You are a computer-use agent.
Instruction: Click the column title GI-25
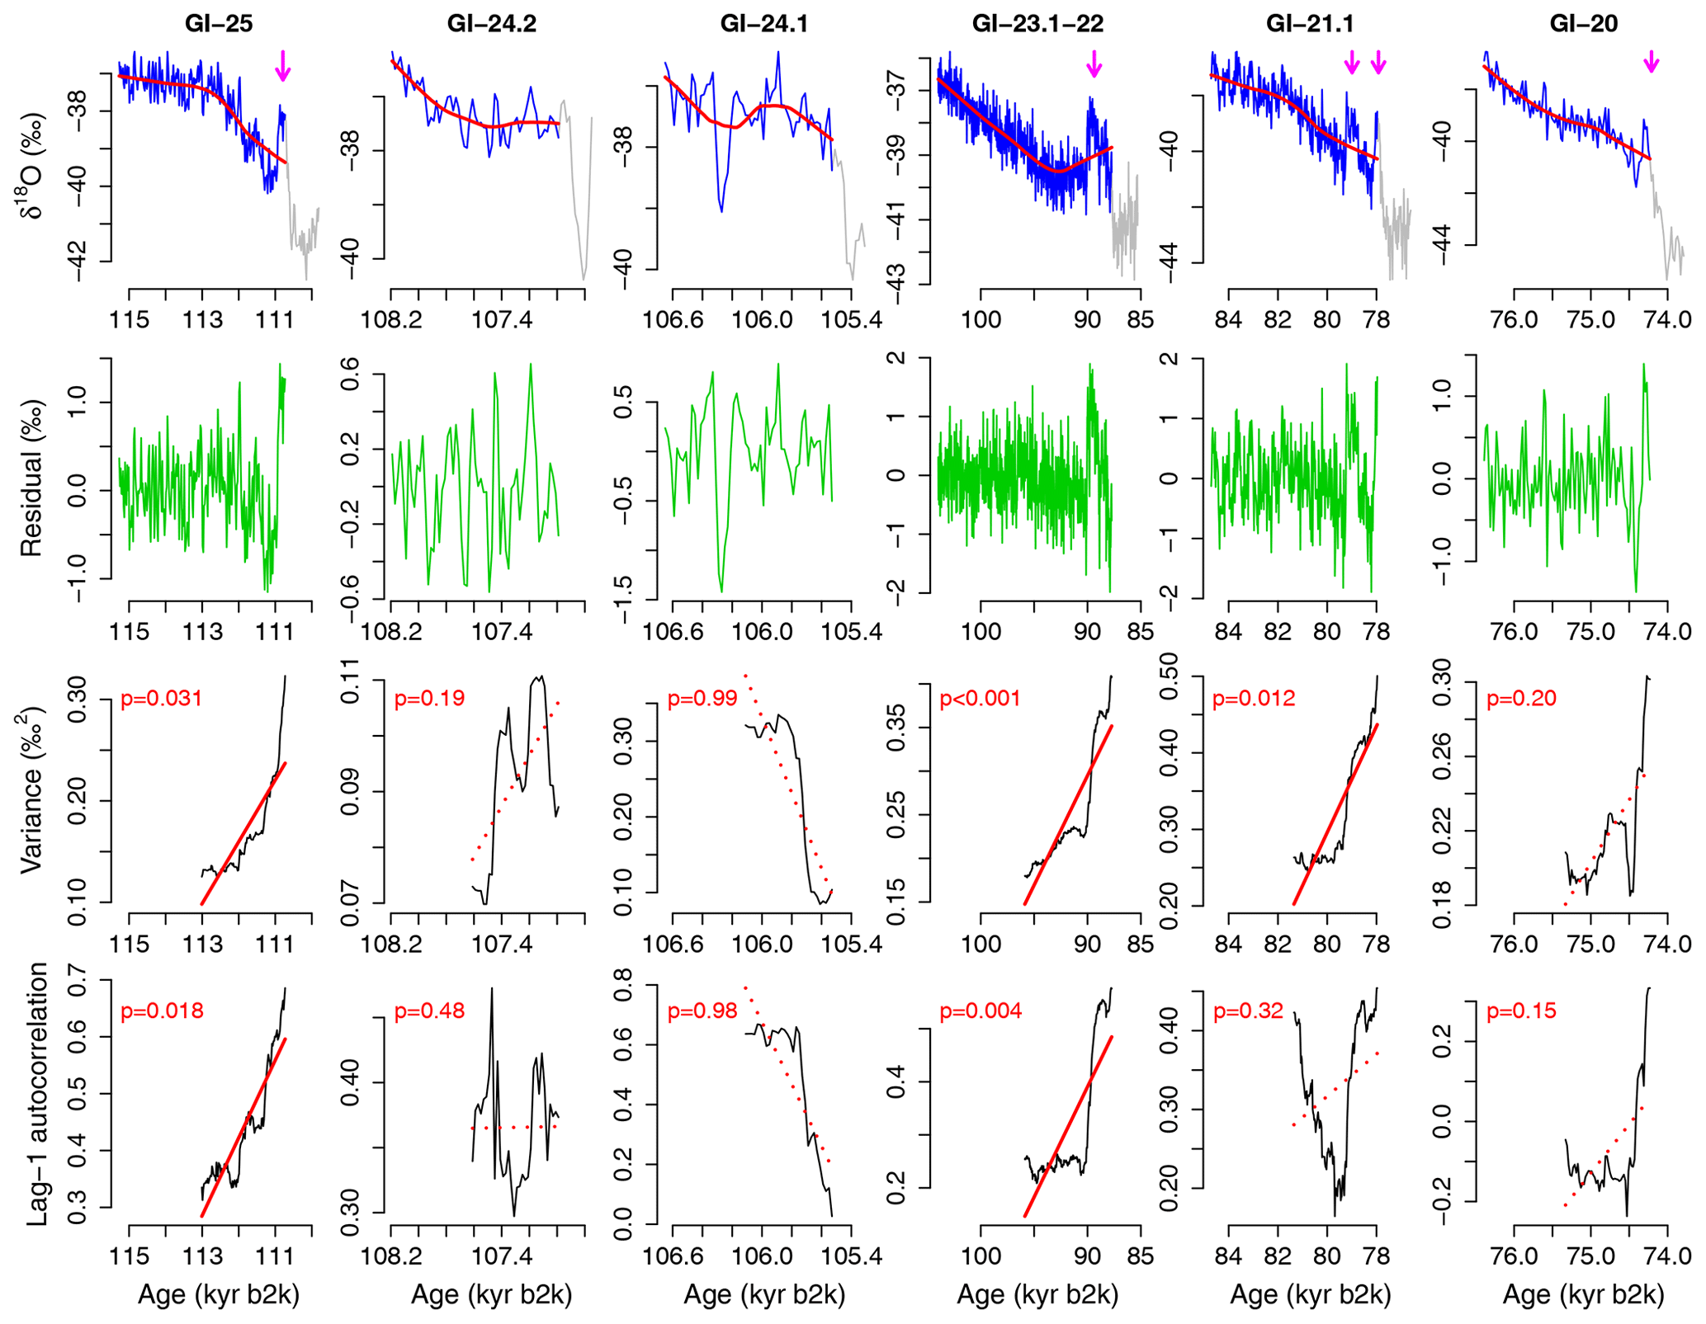click(x=219, y=24)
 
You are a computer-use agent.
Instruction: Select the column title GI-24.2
click(x=492, y=24)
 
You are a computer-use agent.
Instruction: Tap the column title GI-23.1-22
click(x=1037, y=24)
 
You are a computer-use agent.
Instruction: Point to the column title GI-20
click(x=1584, y=24)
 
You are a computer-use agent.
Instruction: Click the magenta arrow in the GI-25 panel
click(x=283, y=66)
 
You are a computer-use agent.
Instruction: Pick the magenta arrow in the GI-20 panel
click(x=1651, y=62)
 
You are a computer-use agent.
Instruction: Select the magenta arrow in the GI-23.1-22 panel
click(x=1094, y=64)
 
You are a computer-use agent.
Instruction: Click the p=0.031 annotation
click(x=162, y=699)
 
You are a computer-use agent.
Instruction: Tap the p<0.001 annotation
click(x=981, y=699)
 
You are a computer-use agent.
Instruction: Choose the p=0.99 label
click(x=702, y=699)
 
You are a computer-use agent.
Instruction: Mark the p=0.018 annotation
click(x=162, y=1011)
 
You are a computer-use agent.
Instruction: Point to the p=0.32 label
click(x=1248, y=1011)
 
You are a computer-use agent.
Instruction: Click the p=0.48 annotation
click(x=429, y=1011)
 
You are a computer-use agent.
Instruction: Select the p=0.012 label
click(x=1254, y=699)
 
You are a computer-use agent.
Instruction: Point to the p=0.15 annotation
click(x=1521, y=1011)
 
